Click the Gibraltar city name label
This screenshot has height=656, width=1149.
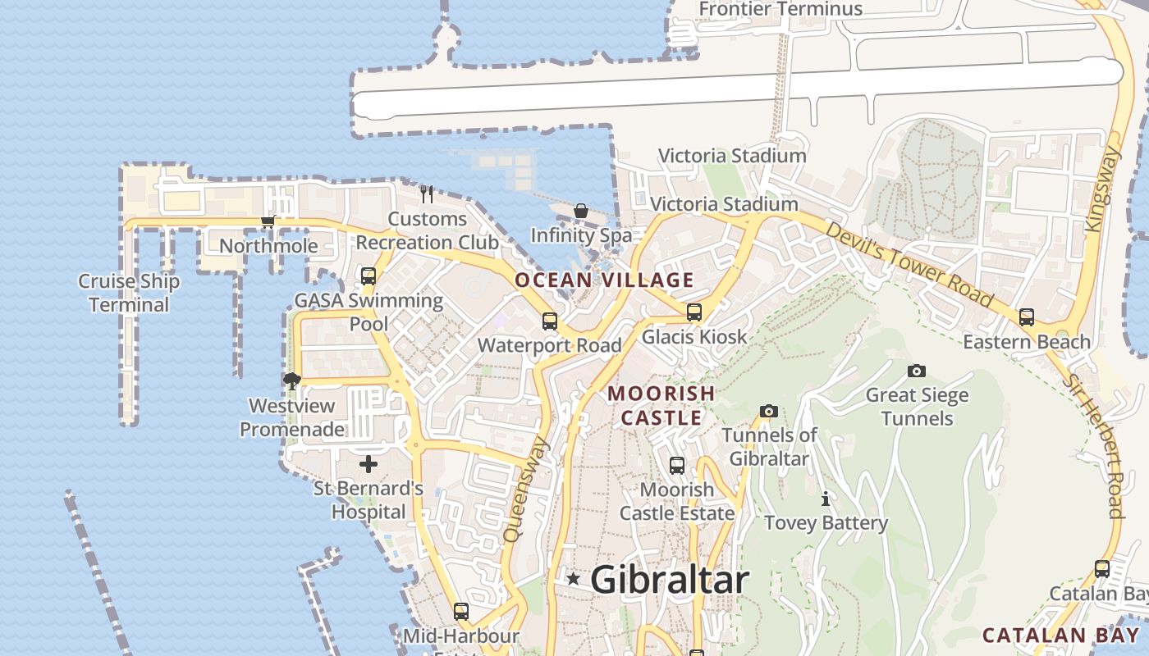pos(669,580)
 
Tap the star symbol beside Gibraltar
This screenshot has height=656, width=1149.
pos(574,579)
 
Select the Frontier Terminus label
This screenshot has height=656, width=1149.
pos(780,9)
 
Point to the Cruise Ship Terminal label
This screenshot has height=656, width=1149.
pos(129,293)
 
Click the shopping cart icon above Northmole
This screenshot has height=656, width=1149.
pos(268,221)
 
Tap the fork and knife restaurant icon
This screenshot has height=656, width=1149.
pos(427,194)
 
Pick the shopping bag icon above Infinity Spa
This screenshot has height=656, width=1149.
pos(581,212)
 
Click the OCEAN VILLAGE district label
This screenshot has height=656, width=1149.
pos(604,280)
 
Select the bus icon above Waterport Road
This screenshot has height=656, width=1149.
pos(550,321)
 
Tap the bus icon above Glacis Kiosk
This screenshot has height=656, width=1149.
pos(694,312)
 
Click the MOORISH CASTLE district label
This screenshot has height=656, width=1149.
pos(661,406)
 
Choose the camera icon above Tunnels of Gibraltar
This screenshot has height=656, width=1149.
pos(769,411)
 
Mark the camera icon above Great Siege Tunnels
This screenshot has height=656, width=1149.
pos(917,371)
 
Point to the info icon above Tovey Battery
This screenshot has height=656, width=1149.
pos(826,499)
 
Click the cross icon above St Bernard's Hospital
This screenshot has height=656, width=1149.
pos(369,465)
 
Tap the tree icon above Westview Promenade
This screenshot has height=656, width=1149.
pos(291,380)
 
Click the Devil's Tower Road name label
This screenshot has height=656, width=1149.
pos(909,264)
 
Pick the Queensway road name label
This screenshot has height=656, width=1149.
pos(525,490)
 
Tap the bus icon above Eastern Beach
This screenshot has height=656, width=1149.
pos(1026,317)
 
